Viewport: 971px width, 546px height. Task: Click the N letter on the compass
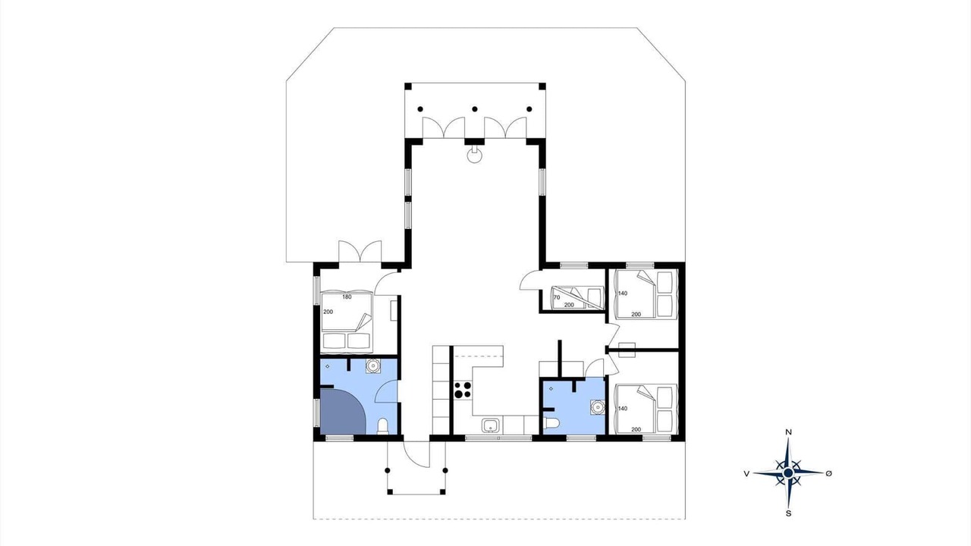[789, 432]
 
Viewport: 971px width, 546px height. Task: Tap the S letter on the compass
[788, 513]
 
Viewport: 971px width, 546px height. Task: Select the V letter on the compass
[746, 474]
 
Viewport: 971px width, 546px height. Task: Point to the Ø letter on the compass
[829, 474]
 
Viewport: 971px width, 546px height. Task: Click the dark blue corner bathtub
[343, 411]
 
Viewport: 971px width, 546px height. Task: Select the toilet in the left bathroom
[382, 426]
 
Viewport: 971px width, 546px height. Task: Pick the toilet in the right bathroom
[551, 423]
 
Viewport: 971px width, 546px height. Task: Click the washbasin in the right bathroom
[597, 407]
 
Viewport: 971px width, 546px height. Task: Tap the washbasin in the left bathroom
[372, 366]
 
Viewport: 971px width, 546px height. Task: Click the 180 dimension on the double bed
[347, 297]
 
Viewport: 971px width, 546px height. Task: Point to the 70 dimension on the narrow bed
[557, 298]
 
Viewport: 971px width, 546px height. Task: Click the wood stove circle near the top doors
[475, 155]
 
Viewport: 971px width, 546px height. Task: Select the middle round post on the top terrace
[475, 109]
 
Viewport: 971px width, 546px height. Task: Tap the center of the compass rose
[788, 472]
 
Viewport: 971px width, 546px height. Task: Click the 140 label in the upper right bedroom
[623, 293]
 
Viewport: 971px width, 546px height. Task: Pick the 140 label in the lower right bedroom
[623, 409]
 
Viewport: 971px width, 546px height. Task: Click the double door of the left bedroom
[360, 251]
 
